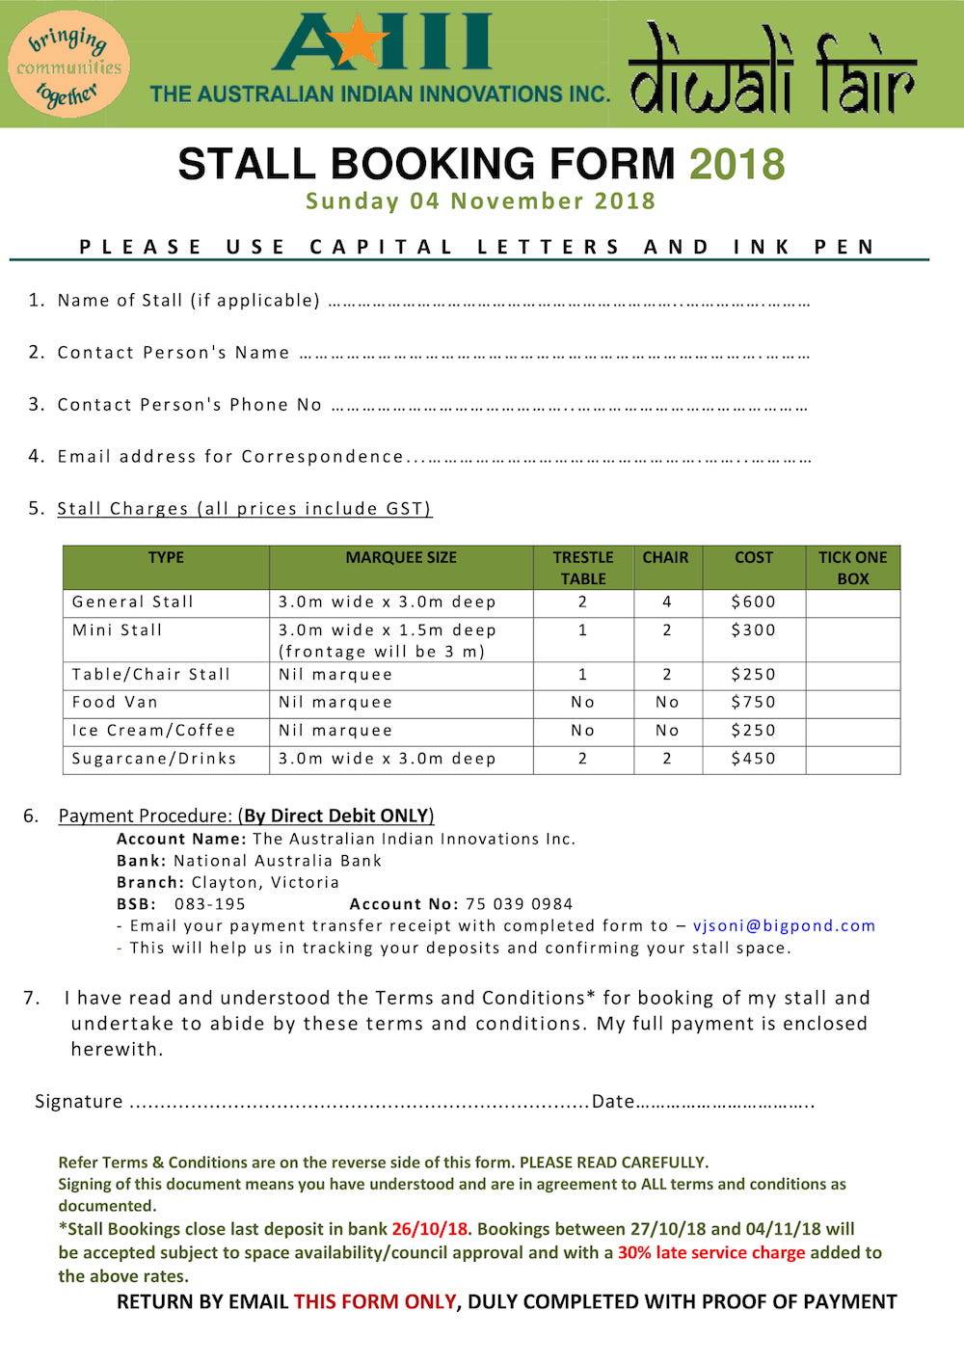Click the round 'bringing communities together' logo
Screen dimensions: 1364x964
coord(67,65)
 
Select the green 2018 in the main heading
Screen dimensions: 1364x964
coord(736,164)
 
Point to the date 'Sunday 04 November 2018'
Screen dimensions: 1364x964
coord(481,201)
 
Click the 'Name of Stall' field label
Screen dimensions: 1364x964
coord(188,301)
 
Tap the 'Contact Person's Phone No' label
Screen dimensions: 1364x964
coord(189,405)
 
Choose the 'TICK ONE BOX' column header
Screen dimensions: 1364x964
coord(852,568)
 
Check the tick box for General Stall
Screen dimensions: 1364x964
coord(852,602)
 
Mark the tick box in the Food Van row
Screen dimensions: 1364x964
coord(852,703)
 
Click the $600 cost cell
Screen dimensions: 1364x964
coord(753,602)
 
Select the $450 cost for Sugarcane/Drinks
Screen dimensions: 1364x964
coord(753,759)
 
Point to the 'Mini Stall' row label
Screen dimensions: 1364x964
coord(118,630)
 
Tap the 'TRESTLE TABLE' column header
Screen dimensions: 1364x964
coord(583,568)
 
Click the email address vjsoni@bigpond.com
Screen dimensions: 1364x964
coord(784,926)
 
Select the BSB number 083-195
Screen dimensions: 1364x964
coord(210,904)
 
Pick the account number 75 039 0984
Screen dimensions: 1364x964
coord(519,904)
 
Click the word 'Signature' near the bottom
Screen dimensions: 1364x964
coord(79,1102)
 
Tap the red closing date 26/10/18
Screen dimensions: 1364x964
coord(431,1229)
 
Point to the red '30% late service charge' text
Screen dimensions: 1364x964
coord(711,1253)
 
